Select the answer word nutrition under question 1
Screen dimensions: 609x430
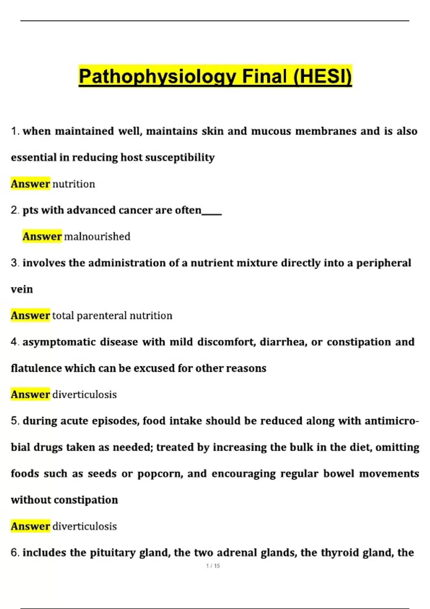(74, 184)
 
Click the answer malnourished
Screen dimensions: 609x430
(97, 237)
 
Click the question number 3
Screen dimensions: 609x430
(14, 263)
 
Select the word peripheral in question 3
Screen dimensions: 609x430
(383, 263)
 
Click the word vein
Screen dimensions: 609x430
(22, 289)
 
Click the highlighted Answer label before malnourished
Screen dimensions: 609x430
(42, 237)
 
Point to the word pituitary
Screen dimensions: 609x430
(113, 553)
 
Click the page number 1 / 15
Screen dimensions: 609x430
(213, 566)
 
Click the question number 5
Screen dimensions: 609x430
(14, 421)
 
